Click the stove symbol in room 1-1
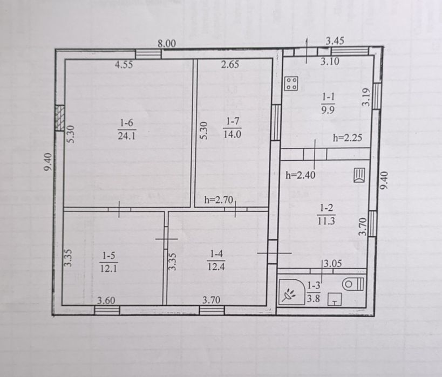(291, 84)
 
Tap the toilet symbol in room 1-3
(353, 284)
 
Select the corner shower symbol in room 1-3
(291, 292)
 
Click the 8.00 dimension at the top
(167, 44)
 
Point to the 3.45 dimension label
(335, 41)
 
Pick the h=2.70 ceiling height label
(219, 200)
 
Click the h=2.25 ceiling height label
(348, 138)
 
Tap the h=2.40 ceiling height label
(301, 175)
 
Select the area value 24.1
(127, 136)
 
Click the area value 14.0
(232, 134)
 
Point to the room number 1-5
(108, 256)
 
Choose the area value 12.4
(216, 266)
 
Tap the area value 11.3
(327, 221)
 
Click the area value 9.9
(328, 109)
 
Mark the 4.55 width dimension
(124, 65)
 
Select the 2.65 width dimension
(230, 65)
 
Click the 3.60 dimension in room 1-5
(106, 300)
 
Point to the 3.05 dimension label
(332, 264)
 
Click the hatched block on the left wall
(60, 118)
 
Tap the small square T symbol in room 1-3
(335, 299)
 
